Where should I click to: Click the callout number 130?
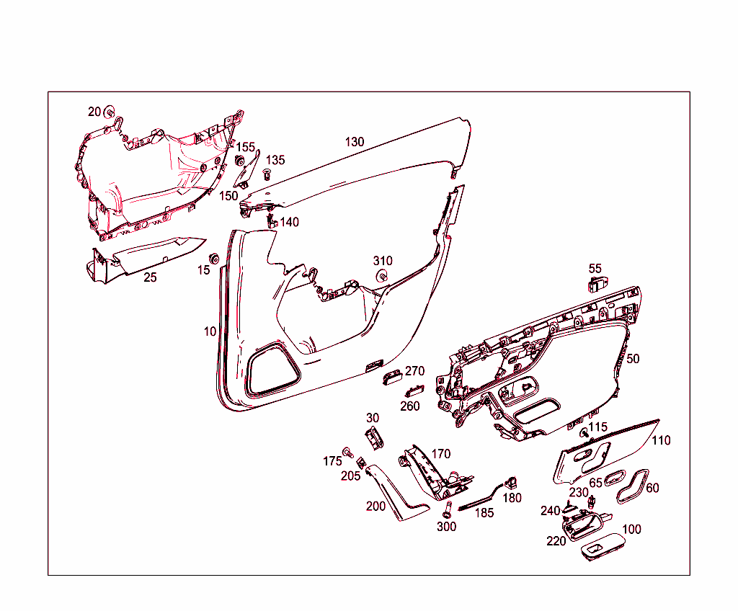point(355,142)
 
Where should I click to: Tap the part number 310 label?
point(383,261)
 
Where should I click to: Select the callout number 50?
point(633,359)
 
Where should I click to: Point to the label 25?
point(150,277)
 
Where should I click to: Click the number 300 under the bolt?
point(446,527)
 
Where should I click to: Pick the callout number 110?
point(660,440)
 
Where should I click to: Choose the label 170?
point(441,454)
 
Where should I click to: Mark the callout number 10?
point(210,332)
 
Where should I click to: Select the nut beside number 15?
point(214,258)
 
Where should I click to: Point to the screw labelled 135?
point(267,172)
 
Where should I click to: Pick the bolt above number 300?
point(446,510)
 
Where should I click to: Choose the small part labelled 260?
point(414,391)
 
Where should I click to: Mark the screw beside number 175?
point(348,452)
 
